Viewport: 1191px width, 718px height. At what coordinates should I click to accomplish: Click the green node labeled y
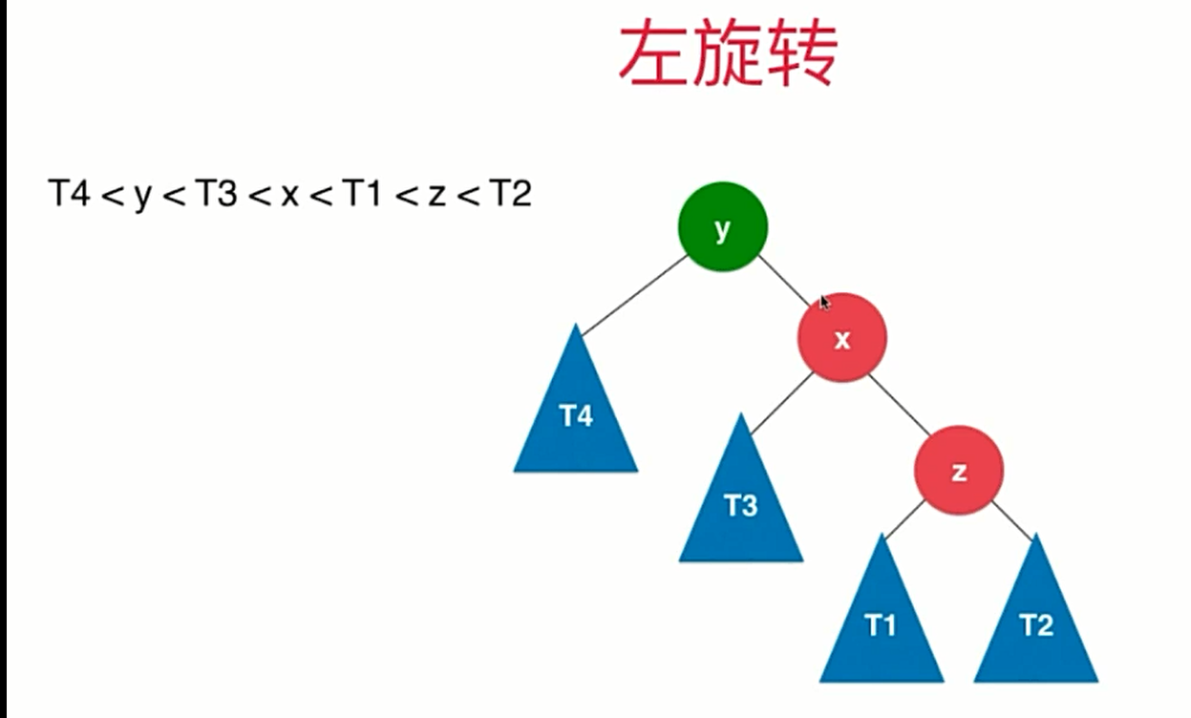pyautogui.click(x=722, y=226)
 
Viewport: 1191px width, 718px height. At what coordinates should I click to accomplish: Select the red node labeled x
pyautogui.click(x=842, y=337)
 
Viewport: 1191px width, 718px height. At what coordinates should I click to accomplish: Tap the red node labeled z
pyautogui.click(x=959, y=470)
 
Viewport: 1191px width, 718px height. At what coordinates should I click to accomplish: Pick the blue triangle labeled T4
pyautogui.click(x=576, y=420)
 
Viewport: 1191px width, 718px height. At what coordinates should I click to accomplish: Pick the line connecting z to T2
pyautogui.click(x=1011, y=521)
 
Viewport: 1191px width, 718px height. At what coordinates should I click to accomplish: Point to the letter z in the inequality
pyautogui.click(x=436, y=197)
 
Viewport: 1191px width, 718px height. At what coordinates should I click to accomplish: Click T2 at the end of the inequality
pyautogui.click(x=510, y=195)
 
